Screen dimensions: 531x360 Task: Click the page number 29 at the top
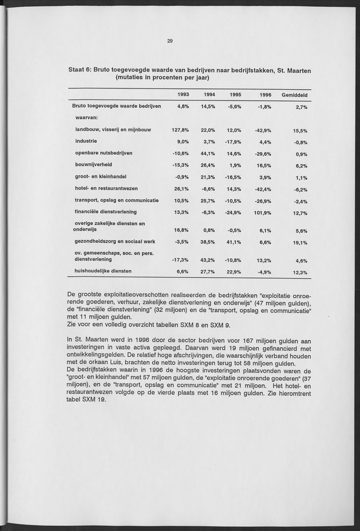pyautogui.click(x=170, y=41)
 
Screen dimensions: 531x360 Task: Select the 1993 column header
pyautogui.click(x=182, y=95)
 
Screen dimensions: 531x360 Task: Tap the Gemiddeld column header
pyautogui.click(x=295, y=95)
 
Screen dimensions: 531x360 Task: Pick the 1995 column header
pyautogui.click(x=235, y=95)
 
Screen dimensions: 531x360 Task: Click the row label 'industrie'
pyautogui.click(x=86, y=141)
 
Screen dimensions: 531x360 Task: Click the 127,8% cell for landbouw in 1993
pyautogui.click(x=180, y=130)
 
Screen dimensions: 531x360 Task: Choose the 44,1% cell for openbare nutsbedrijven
pyautogui.click(x=207, y=154)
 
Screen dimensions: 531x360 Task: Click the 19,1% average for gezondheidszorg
pyautogui.click(x=300, y=243)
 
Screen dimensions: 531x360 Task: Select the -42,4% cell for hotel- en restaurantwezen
pyautogui.click(x=262, y=189)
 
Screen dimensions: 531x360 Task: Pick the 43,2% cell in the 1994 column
pyautogui.click(x=207, y=260)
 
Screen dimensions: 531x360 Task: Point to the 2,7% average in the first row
pyautogui.click(x=302, y=107)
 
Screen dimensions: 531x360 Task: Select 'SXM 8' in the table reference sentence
pyautogui.click(x=176, y=325)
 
